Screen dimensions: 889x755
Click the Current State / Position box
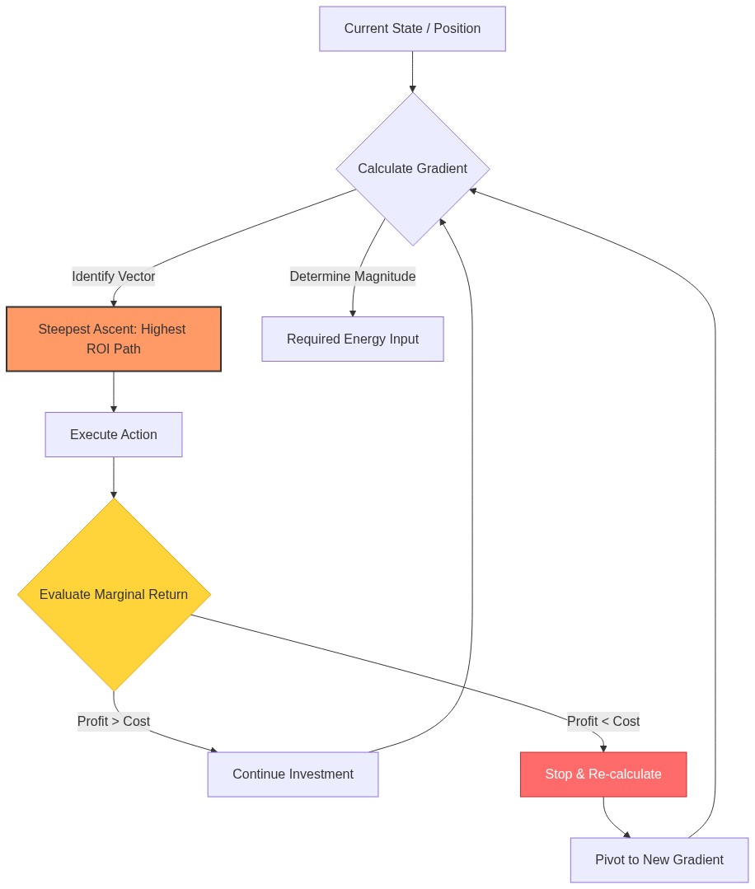click(412, 29)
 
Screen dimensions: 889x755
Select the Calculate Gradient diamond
click(412, 169)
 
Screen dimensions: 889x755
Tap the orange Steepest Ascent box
click(114, 339)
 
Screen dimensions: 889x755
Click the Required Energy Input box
click(353, 339)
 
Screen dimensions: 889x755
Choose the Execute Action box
click(114, 434)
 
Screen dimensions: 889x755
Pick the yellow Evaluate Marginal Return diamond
click(114, 594)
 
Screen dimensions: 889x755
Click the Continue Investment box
click(293, 774)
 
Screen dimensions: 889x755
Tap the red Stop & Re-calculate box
click(603, 774)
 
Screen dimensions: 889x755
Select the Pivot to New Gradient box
click(659, 859)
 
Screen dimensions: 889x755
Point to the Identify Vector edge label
click(114, 277)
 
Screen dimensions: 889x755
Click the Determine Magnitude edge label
click(353, 277)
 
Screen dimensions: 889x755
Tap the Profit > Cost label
click(114, 722)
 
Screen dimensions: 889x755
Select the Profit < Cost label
click(603, 722)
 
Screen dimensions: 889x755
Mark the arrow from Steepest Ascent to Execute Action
click(114, 391)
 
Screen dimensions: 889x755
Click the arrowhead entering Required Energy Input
click(353, 312)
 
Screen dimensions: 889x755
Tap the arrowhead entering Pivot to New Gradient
click(627, 834)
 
